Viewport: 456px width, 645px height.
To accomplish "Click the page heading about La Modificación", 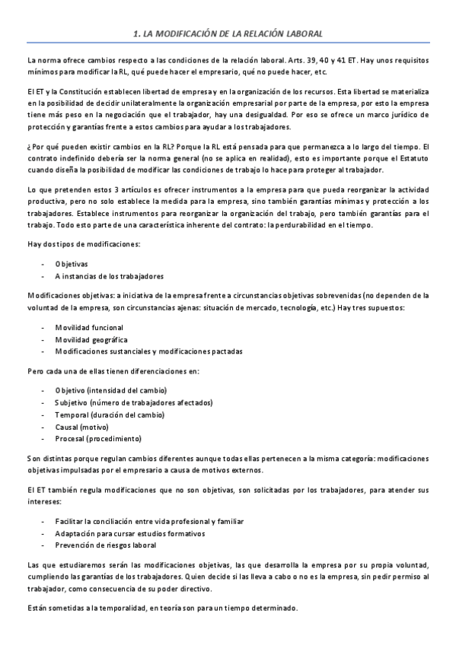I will tap(228, 33).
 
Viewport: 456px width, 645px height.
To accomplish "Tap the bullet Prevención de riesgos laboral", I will tap(106, 545).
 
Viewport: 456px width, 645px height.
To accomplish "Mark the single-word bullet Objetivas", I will tap(72, 263).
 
